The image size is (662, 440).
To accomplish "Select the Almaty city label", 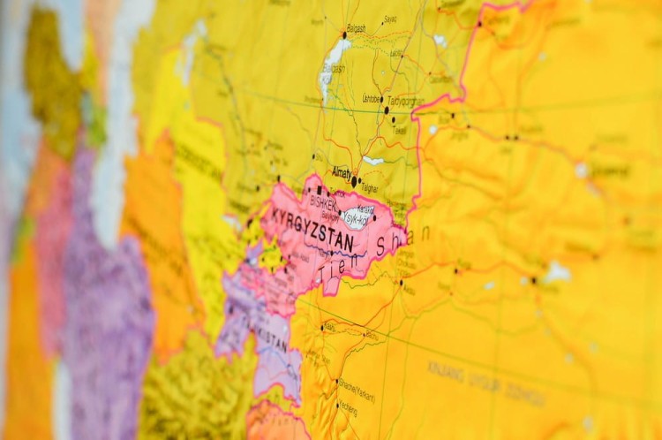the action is click(x=341, y=172).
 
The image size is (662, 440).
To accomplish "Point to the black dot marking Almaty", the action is click(x=355, y=181).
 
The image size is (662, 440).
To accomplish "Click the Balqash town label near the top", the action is click(x=357, y=28).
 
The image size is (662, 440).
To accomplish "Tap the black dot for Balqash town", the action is click(x=344, y=35).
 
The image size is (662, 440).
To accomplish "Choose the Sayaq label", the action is click(x=390, y=19).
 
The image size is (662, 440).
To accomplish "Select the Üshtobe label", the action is click(x=371, y=99).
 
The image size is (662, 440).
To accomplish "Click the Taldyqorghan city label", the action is click(x=406, y=101).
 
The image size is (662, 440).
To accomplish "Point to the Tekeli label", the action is click(x=400, y=130).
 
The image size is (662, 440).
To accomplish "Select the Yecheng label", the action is click(x=349, y=409).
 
